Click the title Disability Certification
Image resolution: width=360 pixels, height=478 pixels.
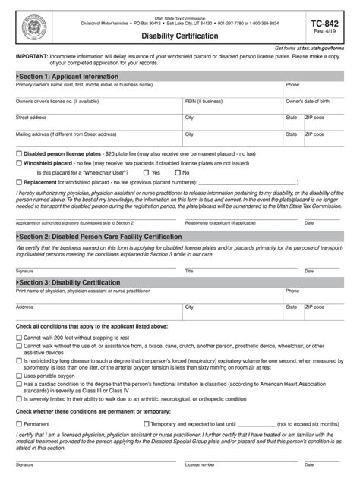(179, 36)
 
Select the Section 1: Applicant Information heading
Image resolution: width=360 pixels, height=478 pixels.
(69, 77)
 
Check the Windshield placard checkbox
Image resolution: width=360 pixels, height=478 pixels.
(19, 163)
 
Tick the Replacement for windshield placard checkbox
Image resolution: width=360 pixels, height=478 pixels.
(19, 183)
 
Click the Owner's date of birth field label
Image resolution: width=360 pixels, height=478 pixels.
(307, 101)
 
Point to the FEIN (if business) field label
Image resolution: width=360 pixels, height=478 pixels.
(204, 101)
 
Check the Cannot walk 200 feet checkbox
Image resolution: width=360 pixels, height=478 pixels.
(19, 336)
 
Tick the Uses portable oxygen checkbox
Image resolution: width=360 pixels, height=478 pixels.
(19, 375)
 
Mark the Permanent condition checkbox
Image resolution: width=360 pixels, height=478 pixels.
(19, 423)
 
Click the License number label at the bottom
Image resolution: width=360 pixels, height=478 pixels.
(200, 464)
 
